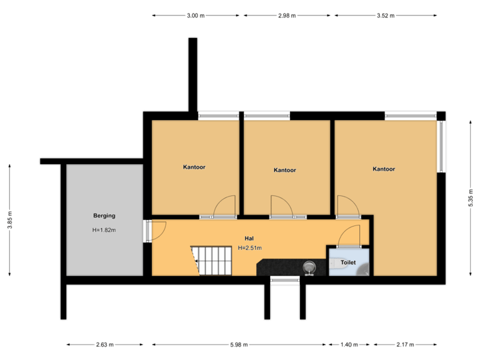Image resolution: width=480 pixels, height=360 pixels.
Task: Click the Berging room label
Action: click(x=104, y=215)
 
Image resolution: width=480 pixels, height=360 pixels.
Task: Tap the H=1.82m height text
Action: click(x=104, y=230)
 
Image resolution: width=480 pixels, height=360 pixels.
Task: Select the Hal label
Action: click(x=249, y=238)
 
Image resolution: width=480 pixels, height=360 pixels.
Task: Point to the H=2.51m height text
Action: click(x=250, y=248)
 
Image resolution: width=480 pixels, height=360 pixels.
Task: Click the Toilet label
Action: click(x=348, y=263)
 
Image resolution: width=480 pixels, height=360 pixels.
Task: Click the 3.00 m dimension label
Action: click(x=196, y=15)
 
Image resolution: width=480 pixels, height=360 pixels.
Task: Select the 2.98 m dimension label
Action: click(x=287, y=15)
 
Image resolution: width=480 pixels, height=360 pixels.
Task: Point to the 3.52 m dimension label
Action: click(x=385, y=15)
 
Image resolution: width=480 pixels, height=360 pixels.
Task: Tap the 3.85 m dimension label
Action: click(x=9, y=220)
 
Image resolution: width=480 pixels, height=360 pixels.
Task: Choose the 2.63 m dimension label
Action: click(x=105, y=345)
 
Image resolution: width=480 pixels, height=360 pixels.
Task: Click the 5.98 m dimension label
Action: click(x=239, y=345)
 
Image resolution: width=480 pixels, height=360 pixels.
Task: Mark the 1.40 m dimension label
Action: click(x=349, y=345)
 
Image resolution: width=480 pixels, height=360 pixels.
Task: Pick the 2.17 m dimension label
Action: click(x=405, y=345)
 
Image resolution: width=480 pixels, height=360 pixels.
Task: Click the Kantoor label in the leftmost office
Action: click(x=194, y=167)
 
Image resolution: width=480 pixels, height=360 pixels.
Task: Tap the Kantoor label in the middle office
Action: click(x=285, y=170)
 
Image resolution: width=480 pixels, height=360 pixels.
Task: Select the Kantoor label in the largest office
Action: click(x=384, y=169)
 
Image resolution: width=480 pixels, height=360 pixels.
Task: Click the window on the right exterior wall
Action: click(x=441, y=147)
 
